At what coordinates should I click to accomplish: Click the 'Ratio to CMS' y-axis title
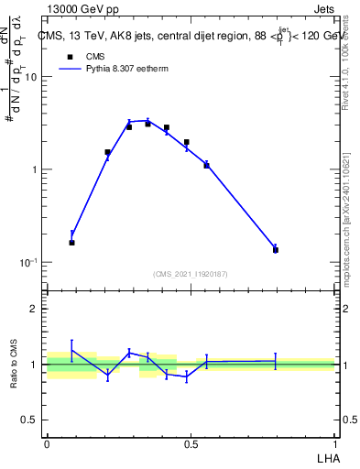(x=16, y=365)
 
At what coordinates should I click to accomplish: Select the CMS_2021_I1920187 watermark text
(x=191, y=273)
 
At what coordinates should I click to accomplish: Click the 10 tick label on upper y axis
(x=30, y=77)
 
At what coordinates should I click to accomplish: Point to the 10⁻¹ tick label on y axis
(x=27, y=262)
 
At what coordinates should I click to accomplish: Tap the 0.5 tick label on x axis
(x=191, y=444)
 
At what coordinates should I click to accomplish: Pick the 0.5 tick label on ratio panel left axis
(x=28, y=420)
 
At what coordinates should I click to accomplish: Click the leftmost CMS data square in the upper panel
(x=72, y=243)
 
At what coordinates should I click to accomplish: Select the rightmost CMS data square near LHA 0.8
(x=275, y=249)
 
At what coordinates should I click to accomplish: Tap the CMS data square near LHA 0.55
(x=206, y=165)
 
